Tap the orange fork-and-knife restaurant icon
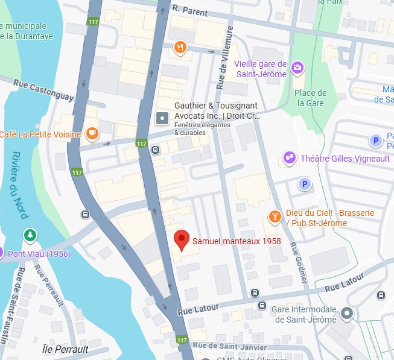[180, 48]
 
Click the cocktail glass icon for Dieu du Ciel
[275, 216]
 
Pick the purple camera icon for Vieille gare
[297, 68]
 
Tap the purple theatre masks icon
[290, 158]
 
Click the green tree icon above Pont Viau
[28, 235]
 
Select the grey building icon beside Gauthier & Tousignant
[162, 118]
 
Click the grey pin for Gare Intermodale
[347, 314]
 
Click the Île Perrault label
[66, 349]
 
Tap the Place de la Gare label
[310, 98]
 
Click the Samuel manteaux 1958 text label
[237, 241]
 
